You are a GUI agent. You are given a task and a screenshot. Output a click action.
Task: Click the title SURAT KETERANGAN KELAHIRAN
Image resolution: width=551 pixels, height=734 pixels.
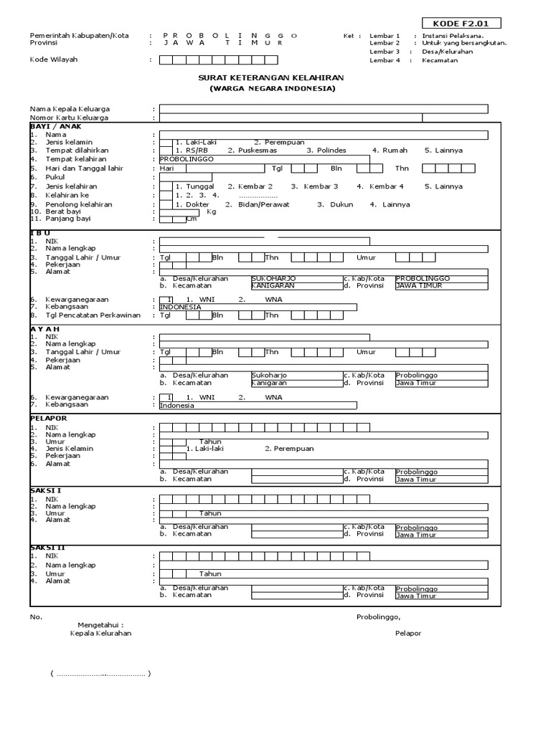pos(272,77)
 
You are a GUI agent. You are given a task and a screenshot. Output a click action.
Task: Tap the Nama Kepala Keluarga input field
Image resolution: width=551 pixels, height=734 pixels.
pos(324,109)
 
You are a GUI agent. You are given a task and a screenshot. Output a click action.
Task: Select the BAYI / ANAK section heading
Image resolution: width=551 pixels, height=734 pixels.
pos(56,126)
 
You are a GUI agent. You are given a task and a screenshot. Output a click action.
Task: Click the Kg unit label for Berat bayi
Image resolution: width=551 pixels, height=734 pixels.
pos(212,212)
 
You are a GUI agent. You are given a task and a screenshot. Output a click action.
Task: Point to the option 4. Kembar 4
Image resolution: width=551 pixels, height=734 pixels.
pos(387,186)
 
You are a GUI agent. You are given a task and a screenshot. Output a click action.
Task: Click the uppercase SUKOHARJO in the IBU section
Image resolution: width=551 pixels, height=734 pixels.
pos(273,278)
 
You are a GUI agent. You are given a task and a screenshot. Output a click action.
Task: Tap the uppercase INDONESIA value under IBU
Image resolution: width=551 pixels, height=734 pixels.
pos(180,307)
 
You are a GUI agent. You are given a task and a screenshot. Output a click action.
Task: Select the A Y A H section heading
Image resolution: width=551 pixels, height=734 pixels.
pos(44,328)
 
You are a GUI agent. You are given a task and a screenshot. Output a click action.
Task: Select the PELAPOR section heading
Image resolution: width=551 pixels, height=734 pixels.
pos(48,417)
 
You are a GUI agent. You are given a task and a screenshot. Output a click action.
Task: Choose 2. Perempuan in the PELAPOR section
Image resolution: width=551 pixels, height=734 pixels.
pos(288,449)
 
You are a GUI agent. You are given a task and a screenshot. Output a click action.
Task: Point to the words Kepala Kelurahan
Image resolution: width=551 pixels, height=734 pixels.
pos(100,634)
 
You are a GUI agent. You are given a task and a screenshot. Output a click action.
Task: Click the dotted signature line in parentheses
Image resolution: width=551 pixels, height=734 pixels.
pos(100,675)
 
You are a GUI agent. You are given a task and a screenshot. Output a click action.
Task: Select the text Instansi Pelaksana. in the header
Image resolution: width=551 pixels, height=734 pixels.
pos(453,35)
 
